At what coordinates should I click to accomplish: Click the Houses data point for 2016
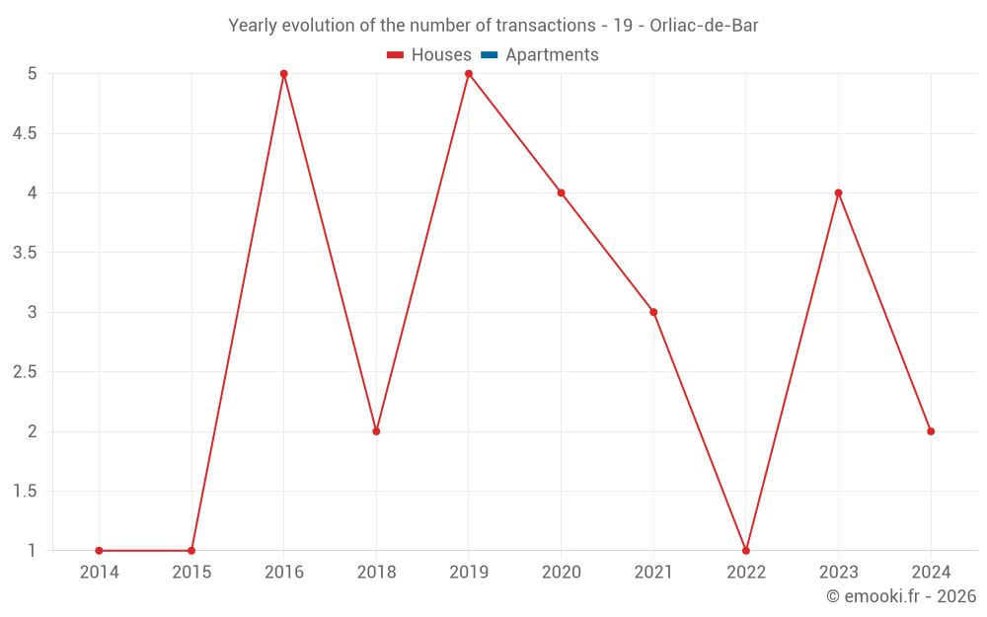tap(283, 74)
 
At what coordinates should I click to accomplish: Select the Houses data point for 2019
tap(469, 74)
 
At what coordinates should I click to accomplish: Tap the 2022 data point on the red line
tap(746, 550)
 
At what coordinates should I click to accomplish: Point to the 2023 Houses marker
tap(838, 193)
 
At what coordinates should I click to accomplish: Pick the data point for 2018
tap(376, 431)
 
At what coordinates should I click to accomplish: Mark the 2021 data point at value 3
tap(653, 312)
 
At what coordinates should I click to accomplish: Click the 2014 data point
tap(99, 550)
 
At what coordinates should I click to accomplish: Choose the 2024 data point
tap(931, 431)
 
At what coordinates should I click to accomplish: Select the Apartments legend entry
tap(552, 55)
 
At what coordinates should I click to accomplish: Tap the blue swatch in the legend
tap(489, 55)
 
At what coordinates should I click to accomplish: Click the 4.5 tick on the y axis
tap(25, 133)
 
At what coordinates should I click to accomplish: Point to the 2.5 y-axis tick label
tap(25, 372)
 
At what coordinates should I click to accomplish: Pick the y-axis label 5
tap(32, 74)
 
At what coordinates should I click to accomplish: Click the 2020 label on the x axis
tap(561, 573)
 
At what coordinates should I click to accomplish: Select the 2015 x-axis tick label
tap(191, 573)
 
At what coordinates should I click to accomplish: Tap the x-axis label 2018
tap(376, 573)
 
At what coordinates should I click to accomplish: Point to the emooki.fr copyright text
tap(901, 596)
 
